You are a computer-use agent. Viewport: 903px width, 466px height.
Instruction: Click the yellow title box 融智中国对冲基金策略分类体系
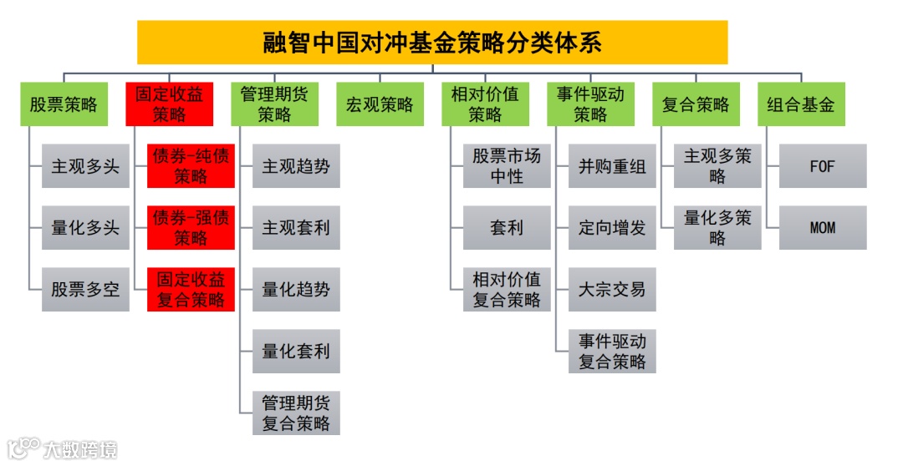point(432,43)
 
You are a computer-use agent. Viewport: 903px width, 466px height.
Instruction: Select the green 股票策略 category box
point(64,104)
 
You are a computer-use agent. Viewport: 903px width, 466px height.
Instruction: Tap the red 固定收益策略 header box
point(169,104)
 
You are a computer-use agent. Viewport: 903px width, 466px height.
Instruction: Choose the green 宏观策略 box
point(380,104)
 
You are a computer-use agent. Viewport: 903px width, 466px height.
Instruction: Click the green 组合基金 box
point(801,104)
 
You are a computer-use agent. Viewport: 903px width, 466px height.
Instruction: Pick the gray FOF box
point(823,166)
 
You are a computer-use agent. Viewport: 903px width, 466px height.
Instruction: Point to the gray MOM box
point(823,227)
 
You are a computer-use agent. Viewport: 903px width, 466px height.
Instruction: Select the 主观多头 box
point(85,166)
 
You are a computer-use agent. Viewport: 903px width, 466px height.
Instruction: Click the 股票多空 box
point(85,289)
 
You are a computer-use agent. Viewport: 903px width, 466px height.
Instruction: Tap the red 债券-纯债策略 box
point(191,166)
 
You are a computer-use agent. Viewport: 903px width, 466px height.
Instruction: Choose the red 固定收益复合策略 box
point(191,289)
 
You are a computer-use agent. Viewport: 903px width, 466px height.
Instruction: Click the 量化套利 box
point(296,351)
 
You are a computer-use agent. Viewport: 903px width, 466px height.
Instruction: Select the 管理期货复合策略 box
point(296,413)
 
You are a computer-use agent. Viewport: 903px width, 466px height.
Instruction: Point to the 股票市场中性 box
point(507,166)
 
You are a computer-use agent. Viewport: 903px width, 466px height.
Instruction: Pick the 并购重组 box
point(612,166)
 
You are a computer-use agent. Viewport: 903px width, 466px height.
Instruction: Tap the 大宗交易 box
point(612,289)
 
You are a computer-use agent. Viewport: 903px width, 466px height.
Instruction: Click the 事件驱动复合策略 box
point(612,351)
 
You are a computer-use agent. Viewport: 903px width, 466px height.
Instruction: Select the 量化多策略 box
point(717,227)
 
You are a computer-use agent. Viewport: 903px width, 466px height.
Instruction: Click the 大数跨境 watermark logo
point(62,448)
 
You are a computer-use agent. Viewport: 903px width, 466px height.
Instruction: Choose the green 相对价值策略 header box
point(485,104)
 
